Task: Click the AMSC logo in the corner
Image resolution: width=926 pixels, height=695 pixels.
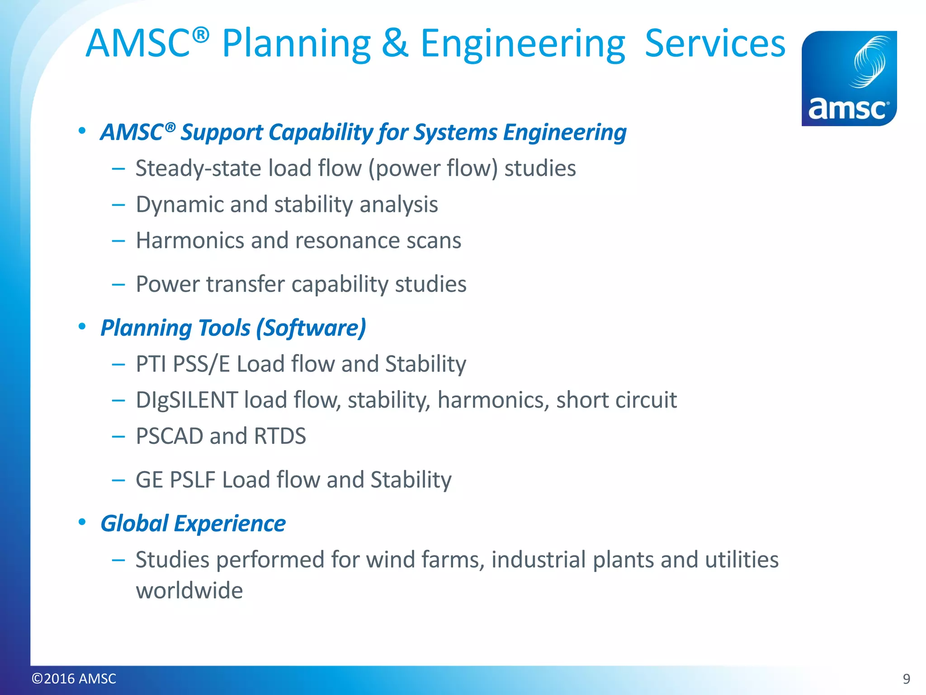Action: (x=849, y=78)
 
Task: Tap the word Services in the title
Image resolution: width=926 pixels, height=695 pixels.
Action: (x=715, y=43)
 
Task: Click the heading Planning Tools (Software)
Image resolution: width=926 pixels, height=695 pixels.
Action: (x=233, y=328)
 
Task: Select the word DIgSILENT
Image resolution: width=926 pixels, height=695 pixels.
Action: (x=187, y=400)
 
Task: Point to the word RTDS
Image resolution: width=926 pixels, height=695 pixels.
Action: (x=280, y=436)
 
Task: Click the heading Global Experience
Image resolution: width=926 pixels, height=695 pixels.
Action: (x=193, y=524)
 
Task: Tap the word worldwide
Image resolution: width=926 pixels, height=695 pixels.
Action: (x=189, y=590)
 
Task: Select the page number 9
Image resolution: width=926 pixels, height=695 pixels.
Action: (x=906, y=679)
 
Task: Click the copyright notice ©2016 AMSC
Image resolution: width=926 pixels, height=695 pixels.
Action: (x=74, y=679)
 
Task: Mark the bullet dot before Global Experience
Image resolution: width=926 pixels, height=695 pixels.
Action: (x=82, y=522)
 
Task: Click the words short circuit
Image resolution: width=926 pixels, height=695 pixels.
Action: (x=616, y=400)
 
